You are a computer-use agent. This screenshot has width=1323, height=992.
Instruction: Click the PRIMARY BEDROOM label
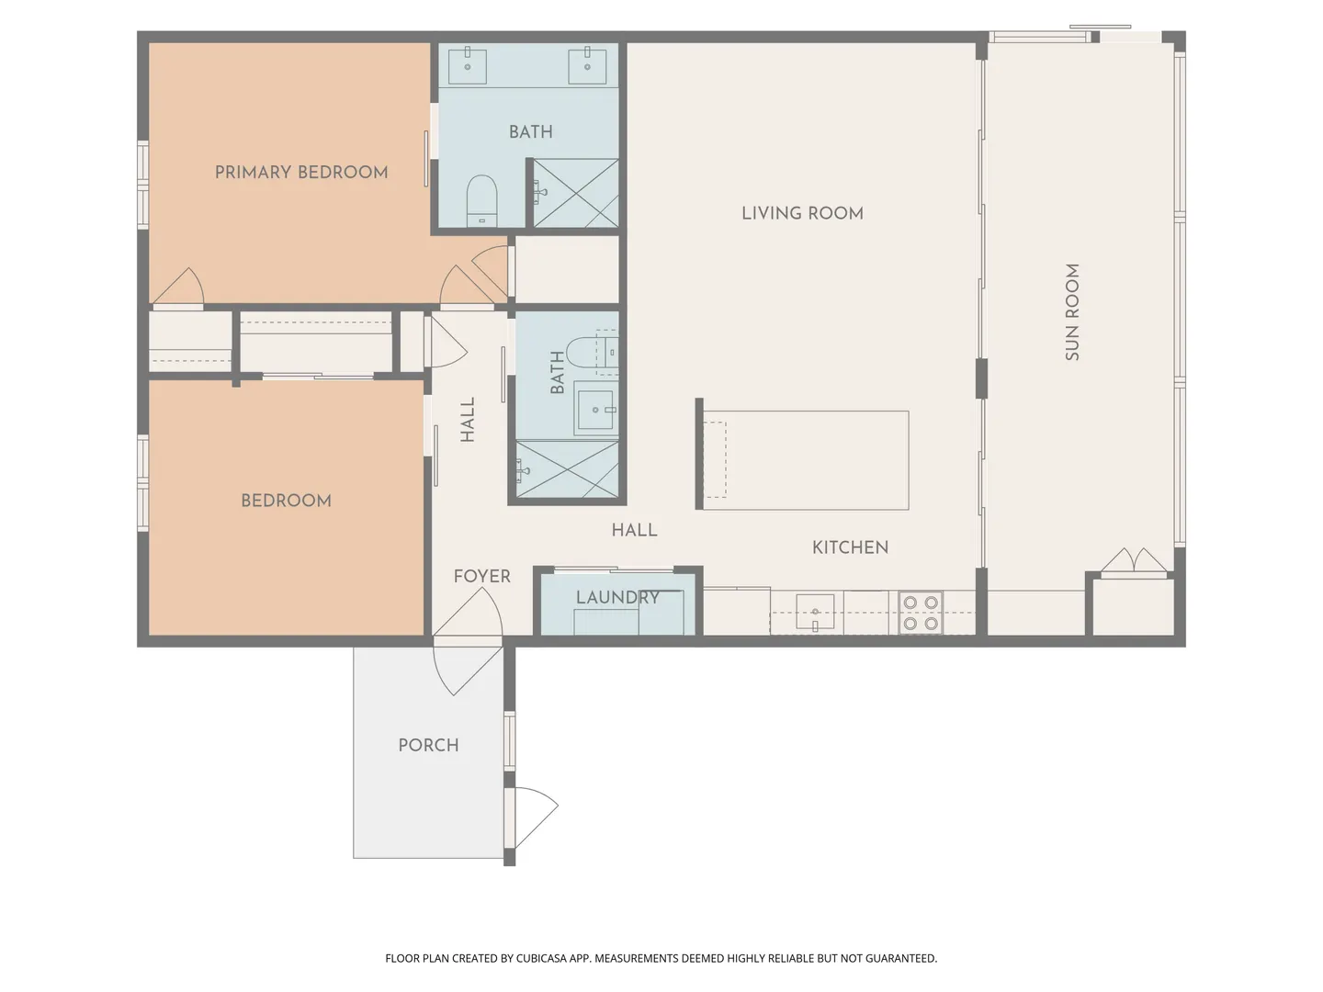coord(301,173)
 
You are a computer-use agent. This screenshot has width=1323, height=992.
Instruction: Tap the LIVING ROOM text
coord(802,213)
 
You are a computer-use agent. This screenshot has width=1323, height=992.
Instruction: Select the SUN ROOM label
coord(1071,312)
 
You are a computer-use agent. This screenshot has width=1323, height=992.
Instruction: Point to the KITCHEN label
coord(850,547)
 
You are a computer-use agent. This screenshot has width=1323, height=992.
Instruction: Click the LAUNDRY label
coord(617,597)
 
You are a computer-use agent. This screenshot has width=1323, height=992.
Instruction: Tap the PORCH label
coord(428,746)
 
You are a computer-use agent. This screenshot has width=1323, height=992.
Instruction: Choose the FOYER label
coord(482,577)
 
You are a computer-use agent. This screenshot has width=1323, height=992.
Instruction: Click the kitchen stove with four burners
coord(921,612)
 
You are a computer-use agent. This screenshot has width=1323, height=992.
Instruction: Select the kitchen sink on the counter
coord(815,612)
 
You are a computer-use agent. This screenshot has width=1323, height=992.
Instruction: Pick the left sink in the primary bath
coord(467,65)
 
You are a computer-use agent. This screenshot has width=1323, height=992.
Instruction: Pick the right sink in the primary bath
coord(587,65)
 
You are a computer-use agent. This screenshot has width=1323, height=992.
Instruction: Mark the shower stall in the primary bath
coord(576,193)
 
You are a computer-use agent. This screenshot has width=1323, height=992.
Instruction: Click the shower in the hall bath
coord(567,469)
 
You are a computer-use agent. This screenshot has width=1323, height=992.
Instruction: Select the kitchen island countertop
coord(806,460)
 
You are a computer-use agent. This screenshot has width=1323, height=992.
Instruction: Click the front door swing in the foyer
coord(468,612)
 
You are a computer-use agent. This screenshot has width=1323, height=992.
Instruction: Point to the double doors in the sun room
coord(1134,560)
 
